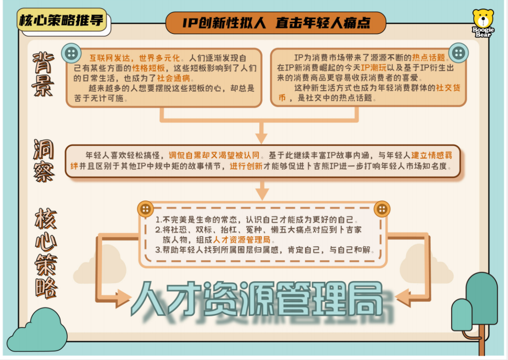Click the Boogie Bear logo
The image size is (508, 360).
click(483, 23)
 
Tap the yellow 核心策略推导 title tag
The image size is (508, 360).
click(62, 20)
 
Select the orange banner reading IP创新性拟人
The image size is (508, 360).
click(276, 23)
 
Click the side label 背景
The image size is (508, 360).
click(43, 74)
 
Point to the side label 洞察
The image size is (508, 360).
click(44, 161)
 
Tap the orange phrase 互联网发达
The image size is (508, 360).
click(110, 58)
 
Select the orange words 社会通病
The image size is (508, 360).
click(174, 79)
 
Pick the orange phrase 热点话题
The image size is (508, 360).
click(429, 58)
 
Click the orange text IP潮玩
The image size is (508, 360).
click(373, 68)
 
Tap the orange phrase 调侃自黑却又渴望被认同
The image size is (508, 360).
click(214, 156)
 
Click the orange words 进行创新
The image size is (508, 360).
click(246, 166)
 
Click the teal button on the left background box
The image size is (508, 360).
click(71, 53)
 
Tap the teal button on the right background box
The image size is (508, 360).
click(459, 53)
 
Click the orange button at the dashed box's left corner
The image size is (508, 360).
click(145, 209)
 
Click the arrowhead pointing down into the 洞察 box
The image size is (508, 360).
click(262, 138)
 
